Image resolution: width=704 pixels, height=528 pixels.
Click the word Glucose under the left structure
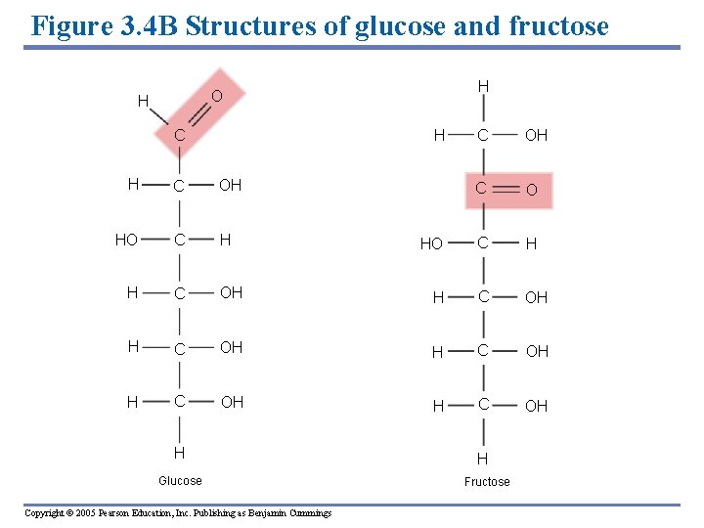tap(180, 480)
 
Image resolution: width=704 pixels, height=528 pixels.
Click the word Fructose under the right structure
tap(487, 481)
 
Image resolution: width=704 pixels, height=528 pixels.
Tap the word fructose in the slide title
tap(557, 25)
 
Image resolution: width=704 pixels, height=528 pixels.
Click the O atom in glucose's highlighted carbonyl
tap(217, 95)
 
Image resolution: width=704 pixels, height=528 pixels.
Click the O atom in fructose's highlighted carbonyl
tap(532, 190)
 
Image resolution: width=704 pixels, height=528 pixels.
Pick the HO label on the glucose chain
tap(126, 240)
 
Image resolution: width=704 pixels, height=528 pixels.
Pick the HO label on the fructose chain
tap(431, 243)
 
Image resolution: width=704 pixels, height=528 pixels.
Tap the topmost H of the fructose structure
tap(483, 87)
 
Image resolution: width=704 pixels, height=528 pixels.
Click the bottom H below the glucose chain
tap(180, 453)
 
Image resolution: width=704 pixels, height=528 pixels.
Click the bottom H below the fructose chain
tap(483, 459)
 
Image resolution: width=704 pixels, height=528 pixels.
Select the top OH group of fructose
tap(536, 136)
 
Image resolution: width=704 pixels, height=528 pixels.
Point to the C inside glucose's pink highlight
tap(181, 136)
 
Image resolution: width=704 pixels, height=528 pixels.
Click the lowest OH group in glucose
tap(232, 402)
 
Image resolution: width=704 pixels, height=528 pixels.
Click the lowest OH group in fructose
tap(536, 406)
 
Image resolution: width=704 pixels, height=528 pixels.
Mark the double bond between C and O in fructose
tap(506, 189)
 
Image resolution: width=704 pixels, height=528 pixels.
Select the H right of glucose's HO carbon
tap(226, 240)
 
